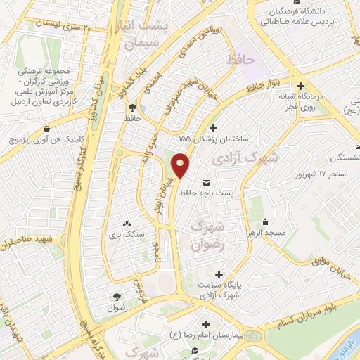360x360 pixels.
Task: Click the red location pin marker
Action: tap(181, 165)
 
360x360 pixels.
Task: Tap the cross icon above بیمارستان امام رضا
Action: tap(206, 324)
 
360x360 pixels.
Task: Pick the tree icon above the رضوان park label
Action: tap(116, 297)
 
